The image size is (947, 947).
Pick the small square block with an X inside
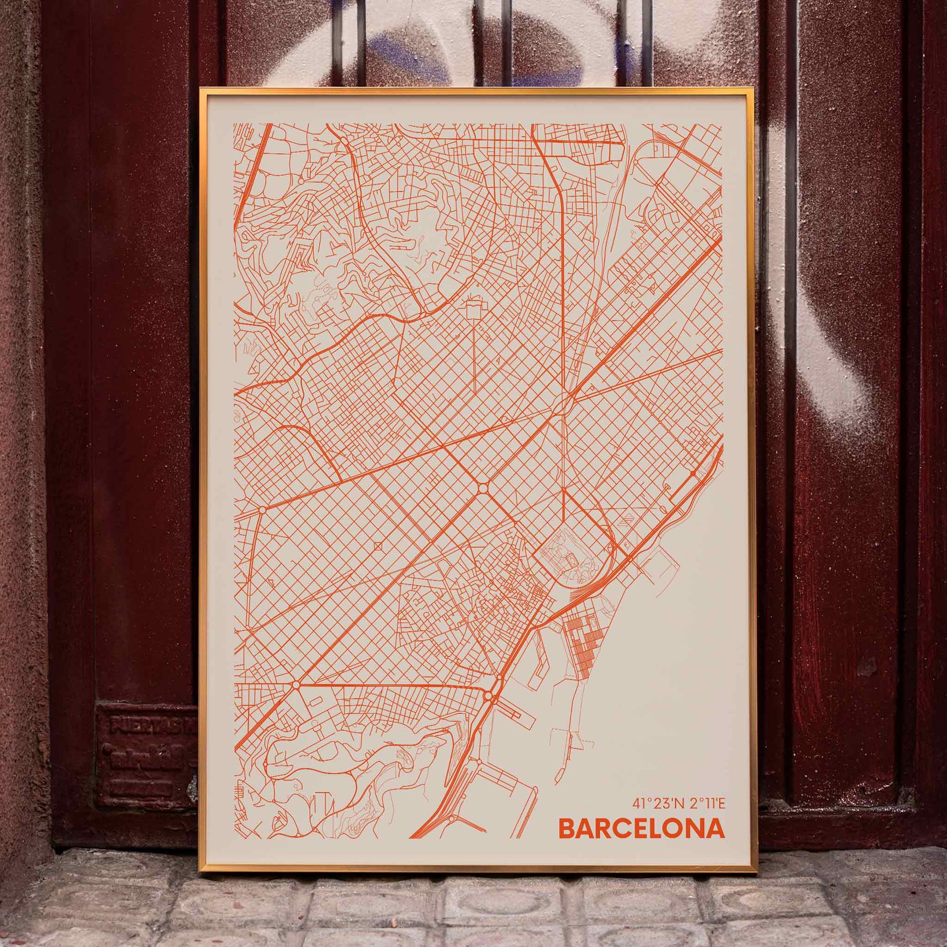click(378, 546)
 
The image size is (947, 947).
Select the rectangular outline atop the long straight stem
click(473, 310)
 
